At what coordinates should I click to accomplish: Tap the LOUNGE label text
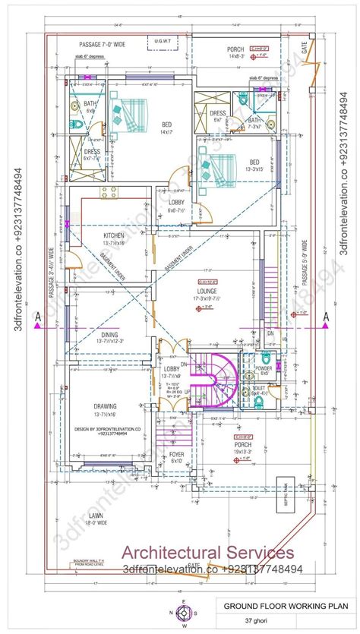(x=206, y=291)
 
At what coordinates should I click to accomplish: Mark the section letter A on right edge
(x=327, y=317)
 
